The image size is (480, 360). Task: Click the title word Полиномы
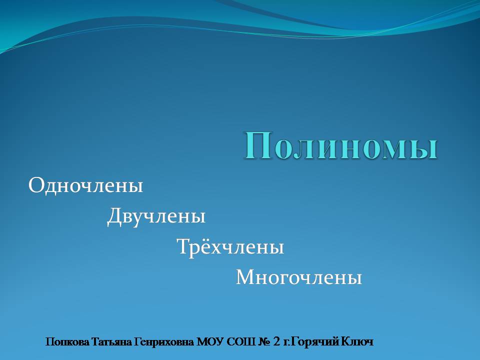click(340, 145)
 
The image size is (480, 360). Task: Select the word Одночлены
click(85, 185)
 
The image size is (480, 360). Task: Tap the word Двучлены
click(156, 216)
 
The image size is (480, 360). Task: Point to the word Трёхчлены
click(230, 246)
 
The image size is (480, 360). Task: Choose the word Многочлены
click(299, 277)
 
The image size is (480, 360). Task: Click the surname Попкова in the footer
click(67, 341)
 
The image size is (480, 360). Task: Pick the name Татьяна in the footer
click(111, 341)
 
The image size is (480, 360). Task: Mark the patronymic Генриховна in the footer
click(164, 342)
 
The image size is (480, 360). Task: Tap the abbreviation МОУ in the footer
click(209, 341)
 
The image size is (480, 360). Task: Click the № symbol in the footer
click(264, 341)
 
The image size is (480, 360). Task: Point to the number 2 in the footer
click(276, 341)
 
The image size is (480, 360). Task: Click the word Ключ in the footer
click(357, 341)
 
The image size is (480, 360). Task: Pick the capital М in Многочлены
click(246, 277)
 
